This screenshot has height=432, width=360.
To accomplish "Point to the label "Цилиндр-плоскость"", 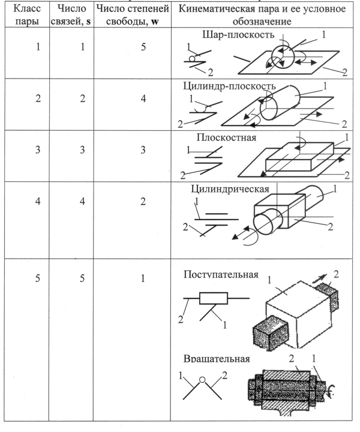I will (x=229, y=86).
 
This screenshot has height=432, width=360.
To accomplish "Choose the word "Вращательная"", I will (x=217, y=360).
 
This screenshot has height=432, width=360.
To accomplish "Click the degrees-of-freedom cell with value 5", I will (x=143, y=47).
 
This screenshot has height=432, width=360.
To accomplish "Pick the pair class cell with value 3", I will (x=38, y=150).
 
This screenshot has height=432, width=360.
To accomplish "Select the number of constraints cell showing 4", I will (x=83, y=201).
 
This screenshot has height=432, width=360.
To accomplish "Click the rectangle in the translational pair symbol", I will (x=213, y=298).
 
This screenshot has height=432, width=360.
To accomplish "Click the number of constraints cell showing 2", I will (x=83, y=99).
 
